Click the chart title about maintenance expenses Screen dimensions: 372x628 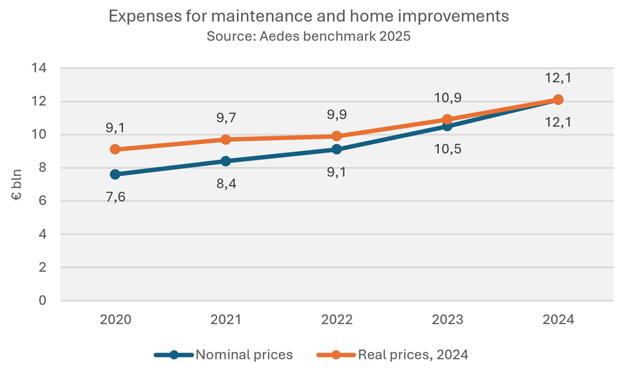point(308,17)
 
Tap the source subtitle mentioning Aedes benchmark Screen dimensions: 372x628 point(308,36)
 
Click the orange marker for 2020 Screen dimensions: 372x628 point(115,150)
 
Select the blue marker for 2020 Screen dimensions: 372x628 point(115,174)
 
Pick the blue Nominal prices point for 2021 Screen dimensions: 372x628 point(226,161)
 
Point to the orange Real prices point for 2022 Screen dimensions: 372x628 point(337,136)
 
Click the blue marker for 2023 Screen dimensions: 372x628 point(447,126)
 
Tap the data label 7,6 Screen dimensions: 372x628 point(115,197)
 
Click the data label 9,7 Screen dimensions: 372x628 point(226,118)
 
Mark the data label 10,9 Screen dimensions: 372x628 point(447,98)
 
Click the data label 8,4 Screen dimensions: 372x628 point(226,184)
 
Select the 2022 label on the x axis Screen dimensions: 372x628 point(337,320)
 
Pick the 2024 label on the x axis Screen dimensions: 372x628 point(558,320)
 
